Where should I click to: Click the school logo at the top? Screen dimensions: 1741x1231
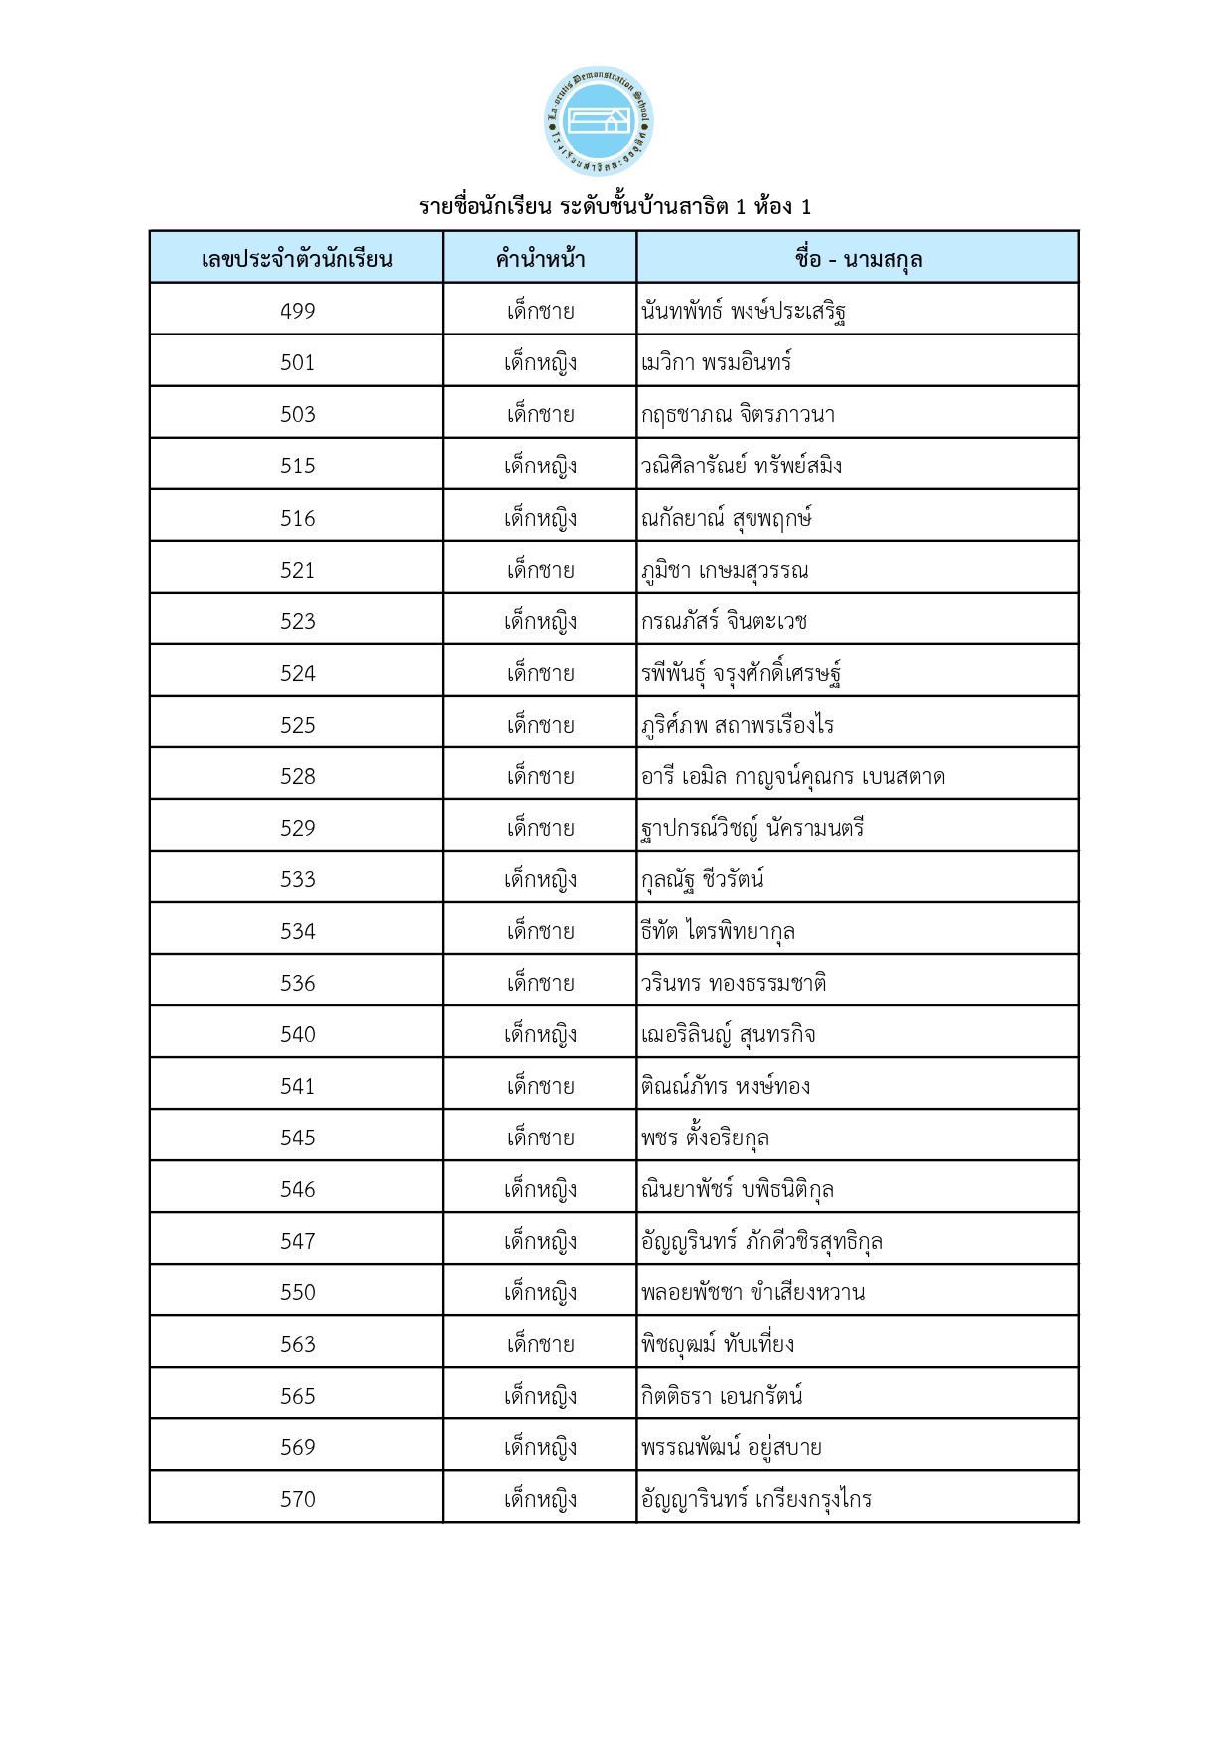point(599,121)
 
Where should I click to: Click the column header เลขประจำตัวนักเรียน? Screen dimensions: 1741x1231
point(297,259)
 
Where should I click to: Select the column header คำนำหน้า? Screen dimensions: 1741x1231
point(540,259)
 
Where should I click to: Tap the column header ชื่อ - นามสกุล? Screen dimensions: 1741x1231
point(858,259)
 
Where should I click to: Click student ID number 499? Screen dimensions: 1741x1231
point(297,311)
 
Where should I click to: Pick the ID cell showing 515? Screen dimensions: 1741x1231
point(297,466)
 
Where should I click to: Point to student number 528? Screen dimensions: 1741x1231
point(297,776)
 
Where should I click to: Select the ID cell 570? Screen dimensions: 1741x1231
point(297,1499)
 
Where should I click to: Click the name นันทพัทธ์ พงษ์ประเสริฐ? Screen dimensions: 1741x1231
point(744,312)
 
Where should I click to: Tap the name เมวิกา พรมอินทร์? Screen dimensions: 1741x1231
point(716,362)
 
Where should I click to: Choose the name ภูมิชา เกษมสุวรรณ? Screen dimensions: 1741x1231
point(725,570)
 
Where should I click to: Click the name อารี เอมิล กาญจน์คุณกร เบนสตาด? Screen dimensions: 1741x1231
point(792,776)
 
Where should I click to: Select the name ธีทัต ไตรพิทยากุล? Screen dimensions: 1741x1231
point(718,931)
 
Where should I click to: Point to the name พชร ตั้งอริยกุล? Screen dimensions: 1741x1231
point(705,1138)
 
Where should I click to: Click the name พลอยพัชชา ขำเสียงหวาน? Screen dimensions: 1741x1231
point(752,1292)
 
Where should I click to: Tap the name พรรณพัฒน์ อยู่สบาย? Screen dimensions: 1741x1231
point(731,1447)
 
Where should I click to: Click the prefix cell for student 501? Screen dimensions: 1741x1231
point(540,362)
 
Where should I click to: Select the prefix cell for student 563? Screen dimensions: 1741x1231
point(540,1344)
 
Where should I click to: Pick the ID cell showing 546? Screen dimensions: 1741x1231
point(297,1189)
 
